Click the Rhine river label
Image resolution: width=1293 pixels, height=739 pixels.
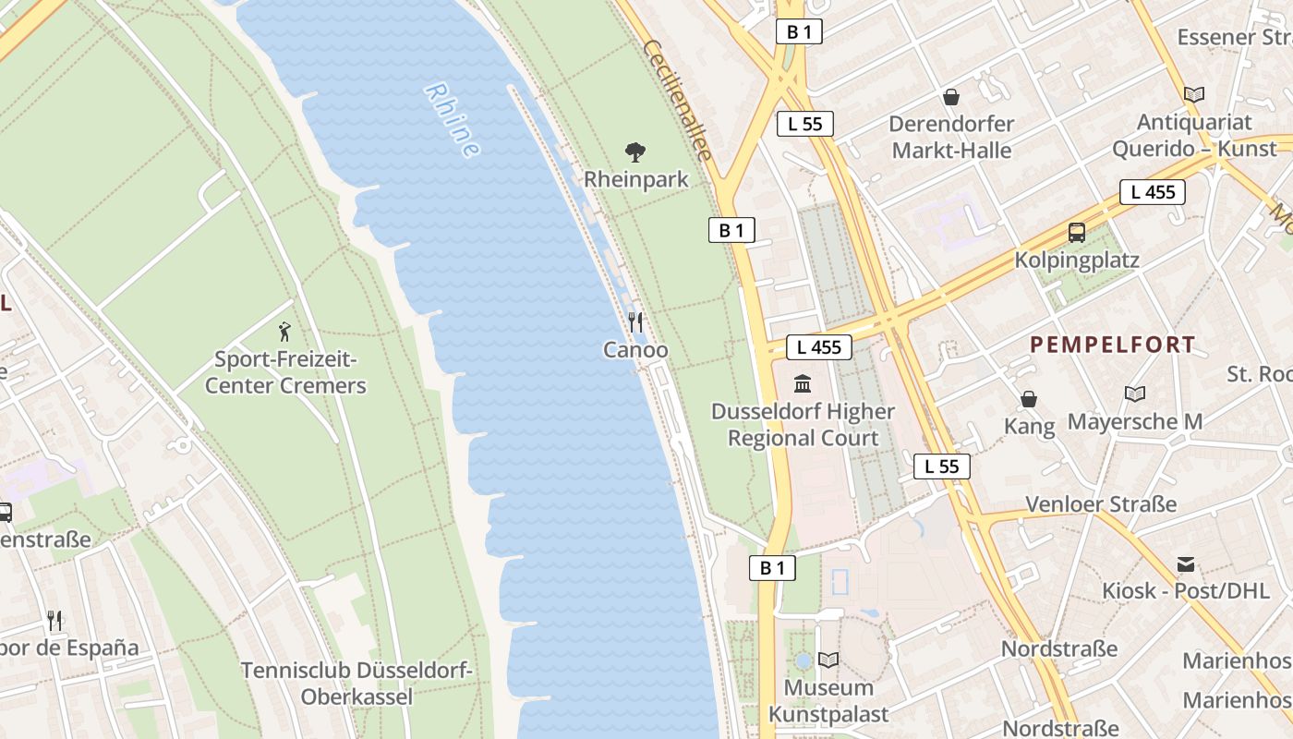[452, 120]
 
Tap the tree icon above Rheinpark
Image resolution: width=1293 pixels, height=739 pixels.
[635, 151]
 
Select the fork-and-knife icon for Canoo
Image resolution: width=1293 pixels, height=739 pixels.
[635, 321]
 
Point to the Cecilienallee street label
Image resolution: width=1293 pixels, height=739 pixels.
[679, 100]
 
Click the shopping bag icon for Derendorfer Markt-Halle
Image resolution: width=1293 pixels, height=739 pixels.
[950, 96]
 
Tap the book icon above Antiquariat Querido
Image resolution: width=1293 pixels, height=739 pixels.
[1194, 94]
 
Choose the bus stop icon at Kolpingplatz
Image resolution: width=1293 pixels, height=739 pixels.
[1076, 233]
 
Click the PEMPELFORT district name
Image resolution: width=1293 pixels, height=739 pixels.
[1113, 345]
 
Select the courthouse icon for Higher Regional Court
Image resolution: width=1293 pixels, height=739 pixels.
[803, 382]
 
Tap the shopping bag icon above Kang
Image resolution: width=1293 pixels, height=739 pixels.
[1028, 399]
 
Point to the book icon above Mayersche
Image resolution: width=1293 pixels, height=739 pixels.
[1135, 394]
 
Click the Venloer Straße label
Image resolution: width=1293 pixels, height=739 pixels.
[1101, 504]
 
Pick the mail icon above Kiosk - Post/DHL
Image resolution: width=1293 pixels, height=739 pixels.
[1186, 563]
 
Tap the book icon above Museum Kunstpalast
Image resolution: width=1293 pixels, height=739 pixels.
[828, 660]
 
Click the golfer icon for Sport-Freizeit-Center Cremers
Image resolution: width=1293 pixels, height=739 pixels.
[284, 331]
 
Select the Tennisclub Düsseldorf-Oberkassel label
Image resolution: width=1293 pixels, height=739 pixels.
[356, 684]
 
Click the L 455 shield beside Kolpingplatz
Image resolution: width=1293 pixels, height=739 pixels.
[1153, 192]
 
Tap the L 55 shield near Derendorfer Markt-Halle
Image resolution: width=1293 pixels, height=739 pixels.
[805, 124]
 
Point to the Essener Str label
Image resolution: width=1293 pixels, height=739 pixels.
[1234, 37]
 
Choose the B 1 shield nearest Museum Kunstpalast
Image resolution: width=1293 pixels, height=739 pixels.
[772, 568]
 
